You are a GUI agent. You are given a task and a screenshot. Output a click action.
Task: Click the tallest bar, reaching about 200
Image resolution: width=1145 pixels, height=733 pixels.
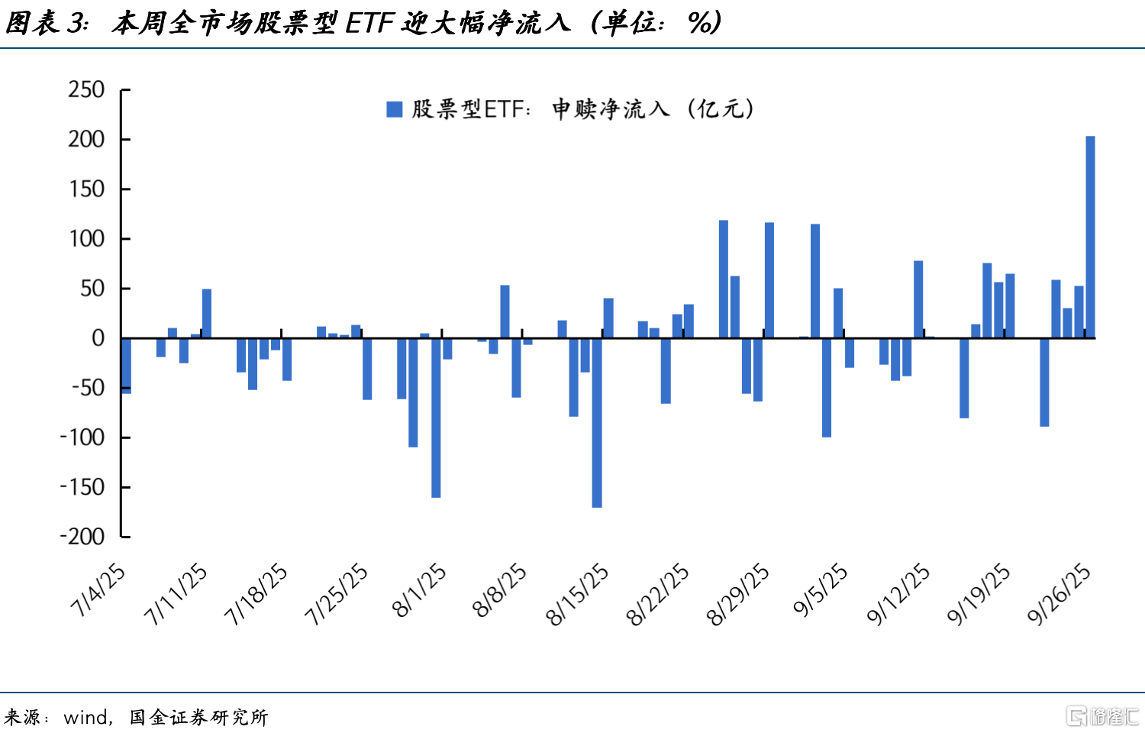(x=1090, y=237)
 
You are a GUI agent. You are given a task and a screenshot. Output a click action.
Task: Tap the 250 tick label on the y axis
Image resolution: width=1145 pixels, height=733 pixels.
(x=86, y=90)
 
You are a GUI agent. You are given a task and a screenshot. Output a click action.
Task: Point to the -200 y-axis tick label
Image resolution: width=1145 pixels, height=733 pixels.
(x=82, y=537)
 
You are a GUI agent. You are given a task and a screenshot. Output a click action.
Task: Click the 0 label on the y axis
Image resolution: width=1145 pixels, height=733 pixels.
(x=98, y=338)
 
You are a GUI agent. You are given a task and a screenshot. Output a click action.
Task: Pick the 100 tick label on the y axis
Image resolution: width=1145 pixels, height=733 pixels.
(x=86, y=239)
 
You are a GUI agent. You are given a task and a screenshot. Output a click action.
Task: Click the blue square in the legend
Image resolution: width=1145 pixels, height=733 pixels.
(x=395, y=109)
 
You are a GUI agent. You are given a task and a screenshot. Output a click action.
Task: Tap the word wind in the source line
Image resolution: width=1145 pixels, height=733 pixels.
(x=85, y=717)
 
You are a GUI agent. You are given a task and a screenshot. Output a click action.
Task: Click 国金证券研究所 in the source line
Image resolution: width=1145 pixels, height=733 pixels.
(x=198, y=717)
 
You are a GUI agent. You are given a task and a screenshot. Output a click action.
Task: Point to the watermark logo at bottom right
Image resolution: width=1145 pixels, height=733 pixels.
(x=1103, y=716)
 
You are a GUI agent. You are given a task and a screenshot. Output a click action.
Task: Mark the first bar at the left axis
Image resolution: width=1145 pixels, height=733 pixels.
(x=127, y=365)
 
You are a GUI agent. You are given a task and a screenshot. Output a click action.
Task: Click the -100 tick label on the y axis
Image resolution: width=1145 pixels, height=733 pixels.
(x=82, y=438)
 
